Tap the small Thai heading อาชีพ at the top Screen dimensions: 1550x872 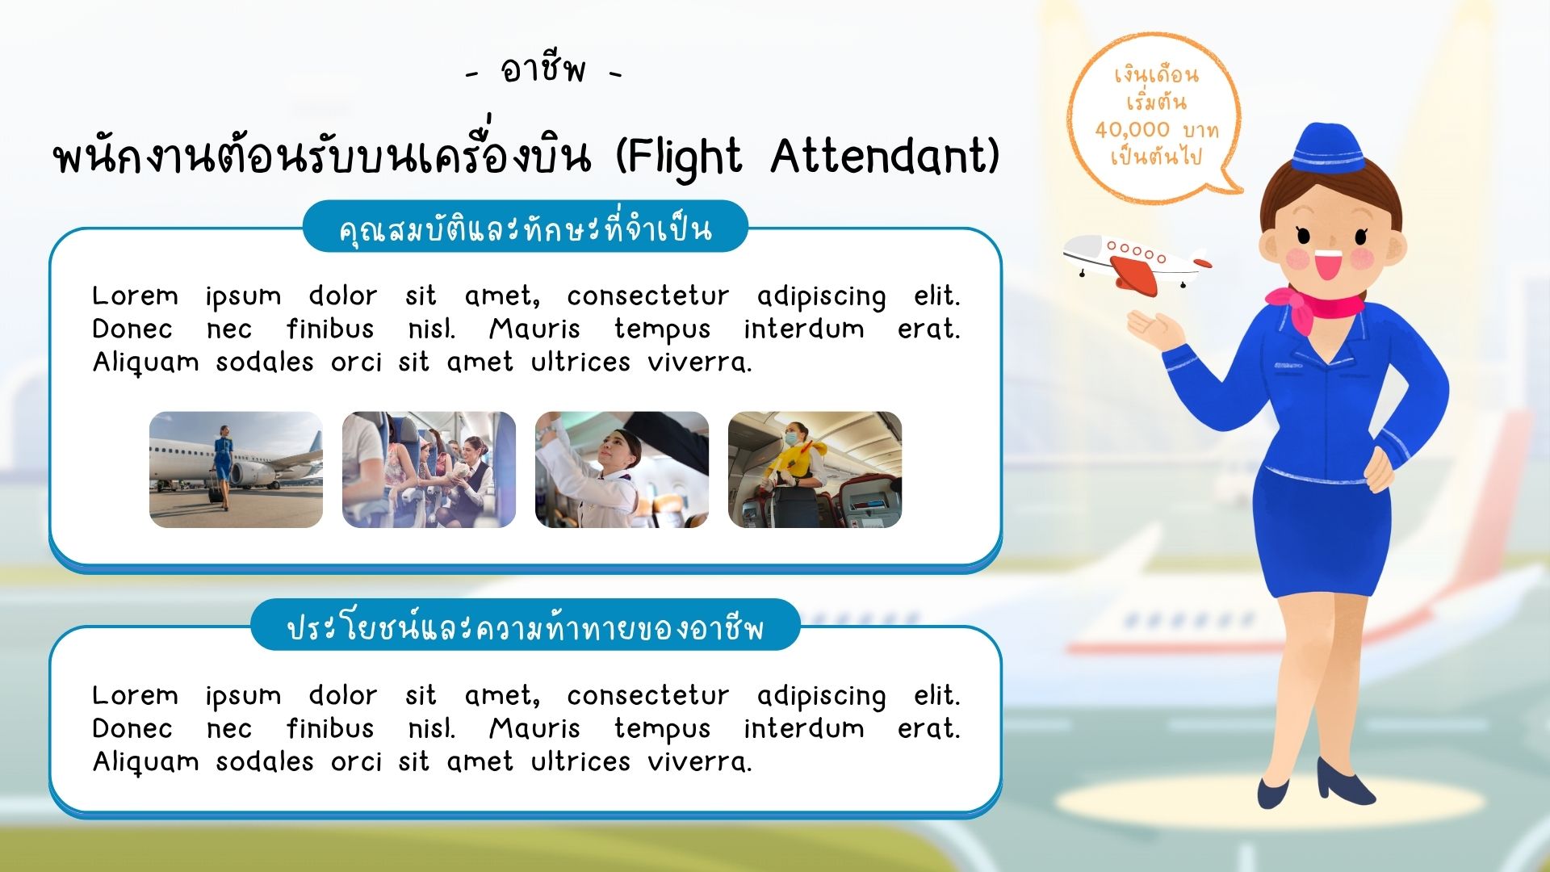tap(543, 69)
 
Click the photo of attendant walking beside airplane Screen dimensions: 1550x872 tap(236, 470)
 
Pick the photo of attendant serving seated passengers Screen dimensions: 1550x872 tap(429, 470)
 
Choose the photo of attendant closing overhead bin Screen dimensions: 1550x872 tap(622, 470)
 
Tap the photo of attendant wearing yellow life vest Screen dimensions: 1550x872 tap(815, 470)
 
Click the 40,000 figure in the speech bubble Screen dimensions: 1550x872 tap(1132, 129)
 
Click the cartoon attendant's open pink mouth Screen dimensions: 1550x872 tap(1328, 264)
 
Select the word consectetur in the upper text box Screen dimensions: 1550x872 tap(647, 296)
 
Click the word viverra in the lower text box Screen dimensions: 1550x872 tap(699, 761)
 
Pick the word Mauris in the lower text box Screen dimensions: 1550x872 tap(534, 728)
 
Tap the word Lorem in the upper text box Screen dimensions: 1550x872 tap(135, 296)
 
